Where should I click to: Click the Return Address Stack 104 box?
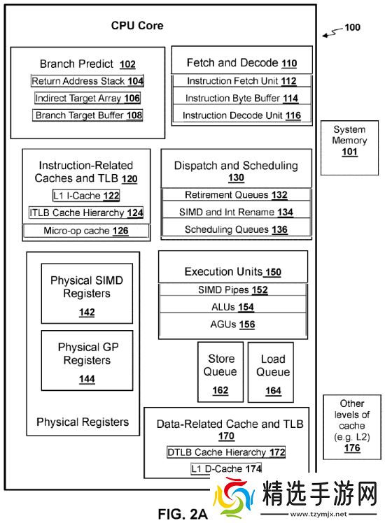(87, 81)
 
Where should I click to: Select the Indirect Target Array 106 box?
(87, 99)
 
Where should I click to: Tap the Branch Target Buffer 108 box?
(87, 115)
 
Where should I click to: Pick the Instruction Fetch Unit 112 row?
(241, 81)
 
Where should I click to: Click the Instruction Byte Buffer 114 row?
(241, 99)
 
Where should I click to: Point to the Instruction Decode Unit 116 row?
(241, 115)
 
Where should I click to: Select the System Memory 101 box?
(349, 148)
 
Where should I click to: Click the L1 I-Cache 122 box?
(86, 195)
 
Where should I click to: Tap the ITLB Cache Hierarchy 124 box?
(86, 213)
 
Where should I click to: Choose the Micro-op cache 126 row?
(86, 230)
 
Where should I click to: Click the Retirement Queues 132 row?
(236, 195)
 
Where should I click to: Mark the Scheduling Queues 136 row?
(236, 229)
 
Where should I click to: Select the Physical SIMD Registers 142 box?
(86, 293)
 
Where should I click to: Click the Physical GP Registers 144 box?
(86, 362)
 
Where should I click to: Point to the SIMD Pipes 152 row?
(233, 289)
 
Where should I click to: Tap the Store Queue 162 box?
(220, 372)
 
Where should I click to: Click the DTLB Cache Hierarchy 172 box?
(226, 452)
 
